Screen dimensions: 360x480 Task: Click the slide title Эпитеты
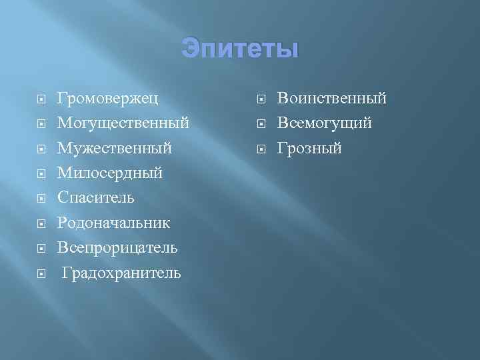(x=239, y=49)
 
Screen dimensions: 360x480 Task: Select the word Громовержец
(x=107, y=99)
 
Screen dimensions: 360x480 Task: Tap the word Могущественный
(x=123, y=123)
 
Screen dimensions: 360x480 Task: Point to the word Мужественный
(x=115, y=148)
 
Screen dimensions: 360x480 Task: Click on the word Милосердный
(x=110, y=173)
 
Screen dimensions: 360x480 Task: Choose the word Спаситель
(x=96, y=197)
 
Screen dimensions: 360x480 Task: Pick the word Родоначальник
(x=113, y=222)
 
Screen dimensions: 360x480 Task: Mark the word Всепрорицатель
(x=117, y=247)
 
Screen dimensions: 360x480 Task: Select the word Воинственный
(x=332, y=99)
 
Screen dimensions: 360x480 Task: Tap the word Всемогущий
(x=325, y=123)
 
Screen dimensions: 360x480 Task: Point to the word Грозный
(x=309, y=148)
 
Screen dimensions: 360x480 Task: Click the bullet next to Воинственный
(x=261, y=99)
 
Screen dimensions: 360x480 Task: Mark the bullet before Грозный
(x=261, y=149)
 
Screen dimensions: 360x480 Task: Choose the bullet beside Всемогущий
(x=261, y=124)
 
